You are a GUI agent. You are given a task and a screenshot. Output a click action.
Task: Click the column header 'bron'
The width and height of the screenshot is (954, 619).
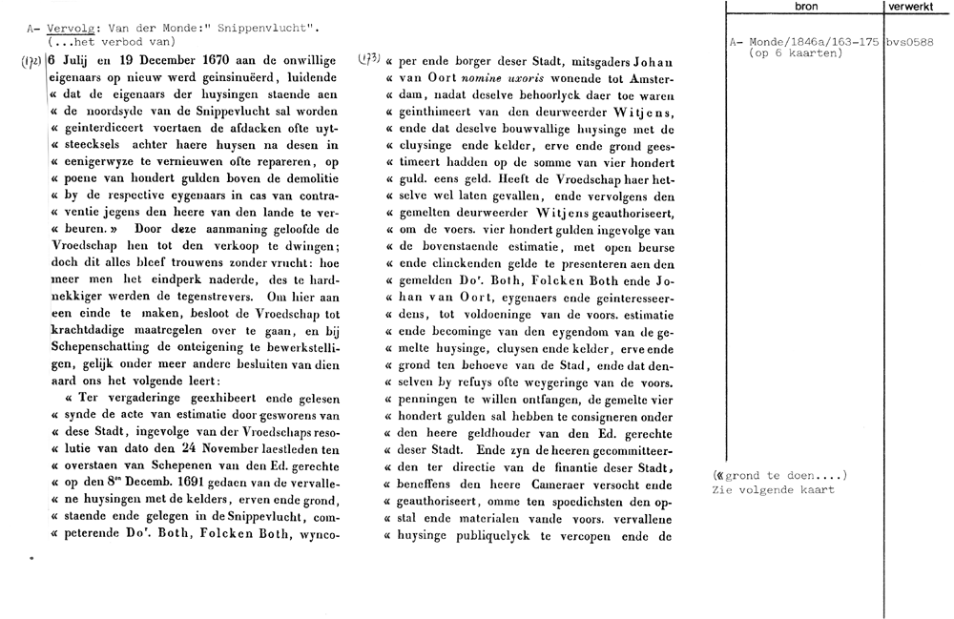click(805, 8)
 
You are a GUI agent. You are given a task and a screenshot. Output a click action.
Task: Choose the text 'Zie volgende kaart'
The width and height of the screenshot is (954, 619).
click(773, 489)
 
